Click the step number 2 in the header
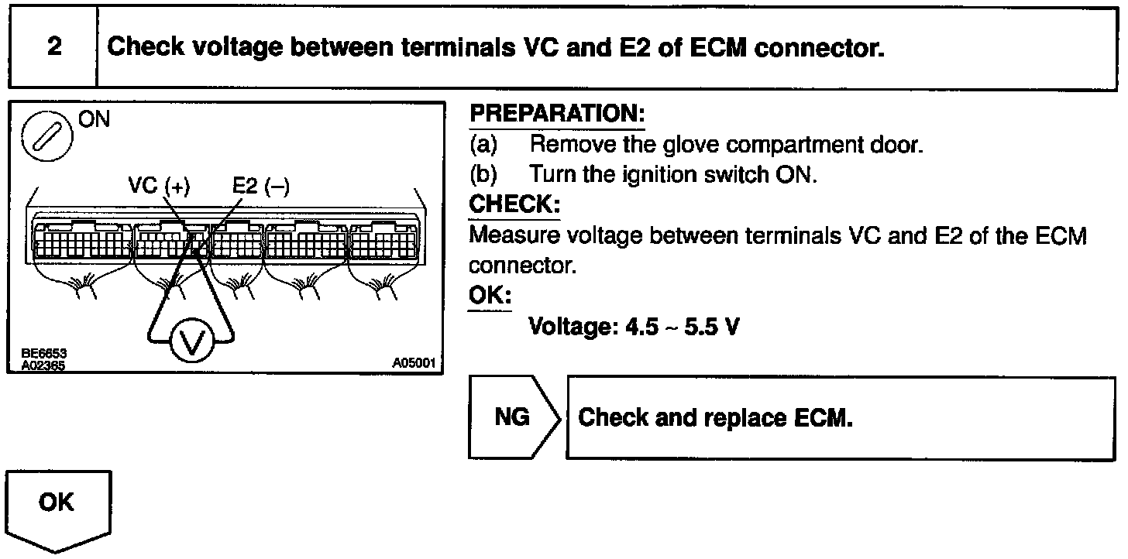coord(53,46)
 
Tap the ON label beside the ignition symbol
coord(95,120)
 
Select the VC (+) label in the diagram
coord(159,187)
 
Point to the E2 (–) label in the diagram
coord(260,187)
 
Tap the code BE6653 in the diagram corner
coord(43,353)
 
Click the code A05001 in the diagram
coord(414,362)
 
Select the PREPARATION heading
coord(557,115)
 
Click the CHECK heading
coord(514,205)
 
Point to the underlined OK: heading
coord(490,297)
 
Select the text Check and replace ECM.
coord(716,418)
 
